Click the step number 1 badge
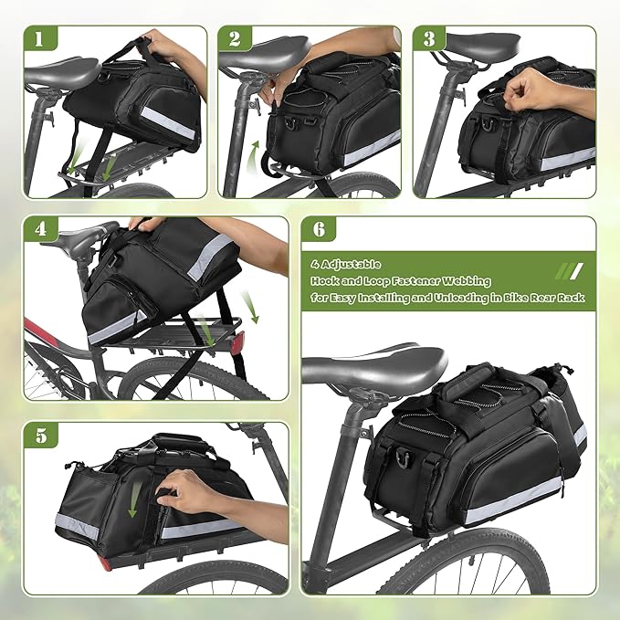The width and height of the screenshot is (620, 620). click(x=39, y=40)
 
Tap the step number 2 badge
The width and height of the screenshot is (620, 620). click(x=234, y=40)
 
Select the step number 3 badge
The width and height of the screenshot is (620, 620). click(x=429, y=40)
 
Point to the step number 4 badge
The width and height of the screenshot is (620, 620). click(x=39, y=231)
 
